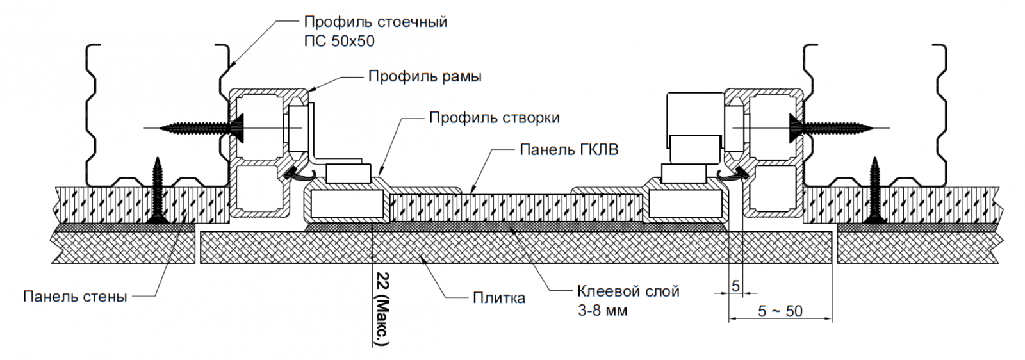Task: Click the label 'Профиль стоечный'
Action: point(375,22)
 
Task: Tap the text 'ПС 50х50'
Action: point(339,41)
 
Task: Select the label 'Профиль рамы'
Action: point(425,77)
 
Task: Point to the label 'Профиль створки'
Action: point(494,118)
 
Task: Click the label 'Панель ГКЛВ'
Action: point(569,150)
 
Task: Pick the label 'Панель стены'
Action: point(75,297)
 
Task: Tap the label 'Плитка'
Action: point(499,298)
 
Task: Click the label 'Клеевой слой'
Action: point(628,291)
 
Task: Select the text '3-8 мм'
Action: point(602,311)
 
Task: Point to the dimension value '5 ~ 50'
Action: point(780,311)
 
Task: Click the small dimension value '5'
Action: point(735,286)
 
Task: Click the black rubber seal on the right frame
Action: point(735,172)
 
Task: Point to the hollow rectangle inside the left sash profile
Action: point(346,206)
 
